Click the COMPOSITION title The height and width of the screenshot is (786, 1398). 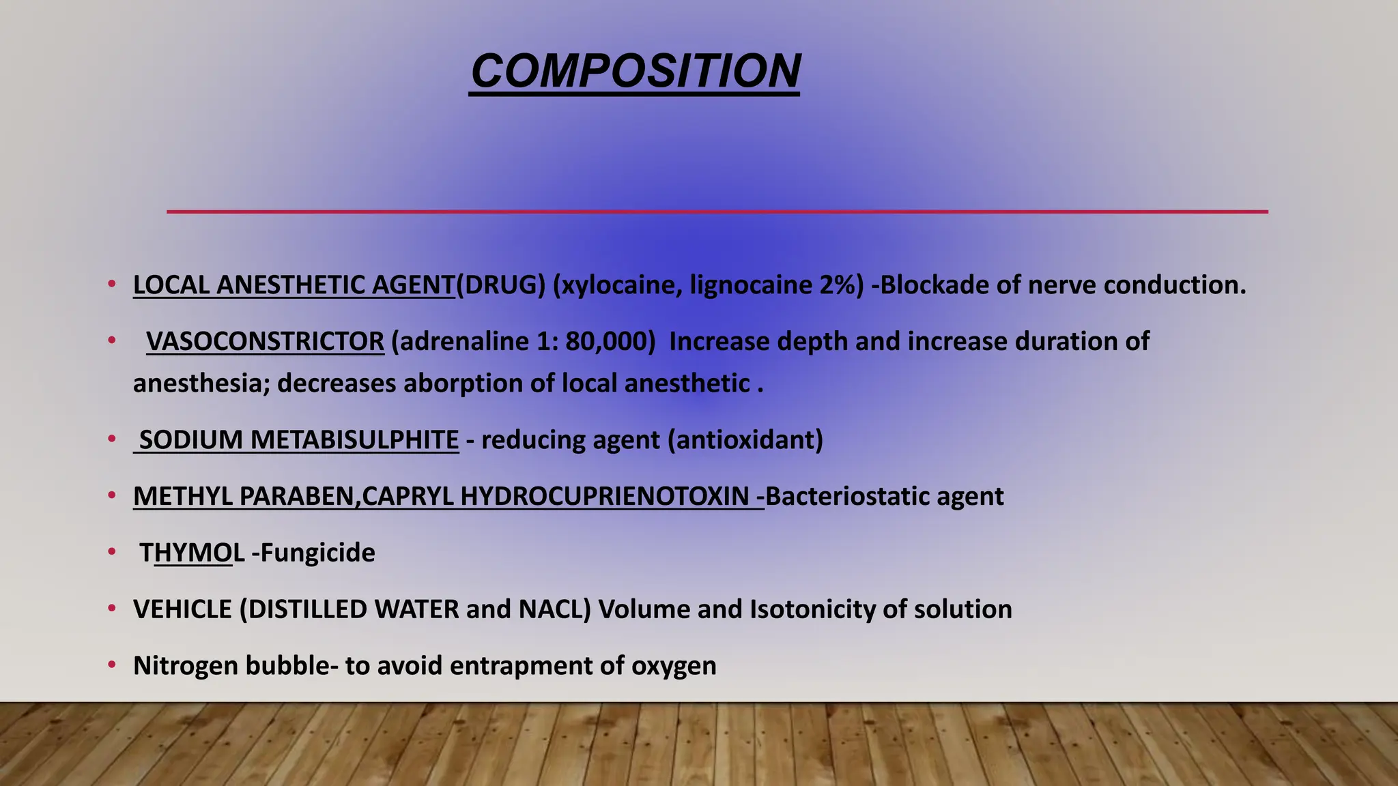point(635,71)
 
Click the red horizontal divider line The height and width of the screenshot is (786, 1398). point(717,212)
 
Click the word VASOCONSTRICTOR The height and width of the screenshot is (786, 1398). point(265,341)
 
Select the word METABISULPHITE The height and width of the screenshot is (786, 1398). point(354,440)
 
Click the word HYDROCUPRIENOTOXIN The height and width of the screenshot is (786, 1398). point(605,497)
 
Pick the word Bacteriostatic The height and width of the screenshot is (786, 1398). point(846,497)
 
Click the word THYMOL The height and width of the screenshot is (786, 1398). point(192,553)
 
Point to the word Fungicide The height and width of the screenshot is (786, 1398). point(317,553)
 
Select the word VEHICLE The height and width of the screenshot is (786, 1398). point(182,609)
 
